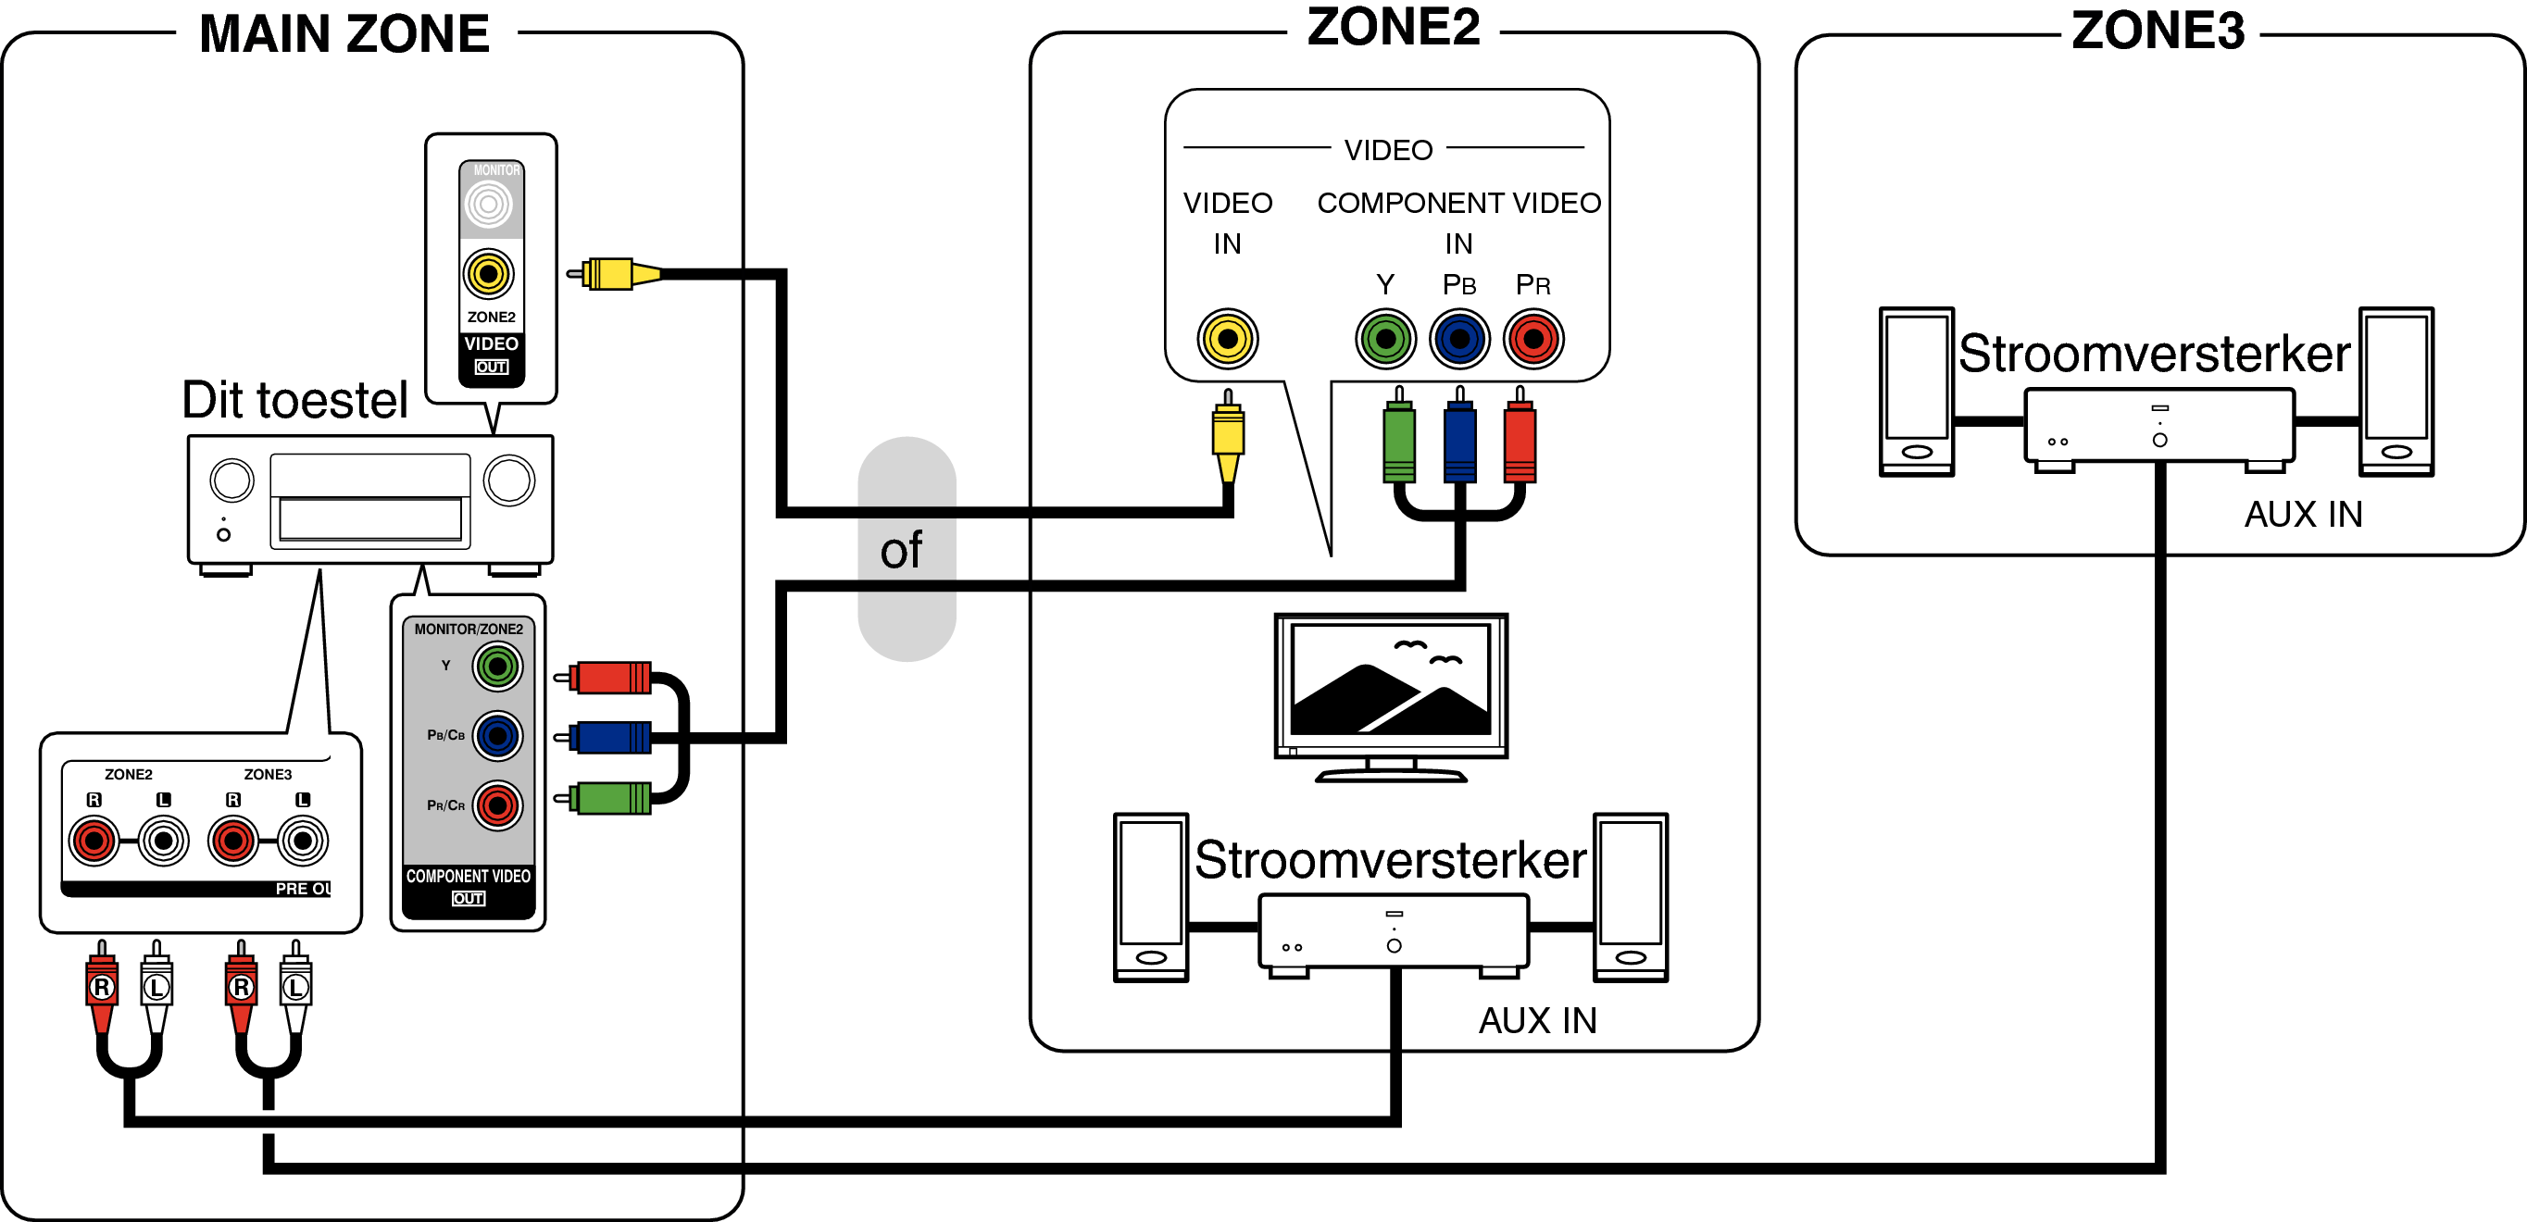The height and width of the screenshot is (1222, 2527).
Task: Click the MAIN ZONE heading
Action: (344, 34)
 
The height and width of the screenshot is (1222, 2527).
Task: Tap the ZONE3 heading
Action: (2158, 31)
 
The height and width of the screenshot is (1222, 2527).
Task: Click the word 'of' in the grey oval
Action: (901, 550)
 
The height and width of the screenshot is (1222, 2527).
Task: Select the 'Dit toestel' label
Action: (294, 400)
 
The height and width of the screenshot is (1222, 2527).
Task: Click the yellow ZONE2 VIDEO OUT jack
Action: (489, 274)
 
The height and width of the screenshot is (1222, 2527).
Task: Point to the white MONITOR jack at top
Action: (489, 204)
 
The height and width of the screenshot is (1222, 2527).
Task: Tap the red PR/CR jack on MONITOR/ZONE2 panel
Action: (498, 806)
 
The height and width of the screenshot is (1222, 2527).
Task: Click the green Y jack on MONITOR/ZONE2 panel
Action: (498, 667)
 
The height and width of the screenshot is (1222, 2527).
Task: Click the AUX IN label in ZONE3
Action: (2303, 514)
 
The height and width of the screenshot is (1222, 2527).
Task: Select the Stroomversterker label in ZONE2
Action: (1390, 860)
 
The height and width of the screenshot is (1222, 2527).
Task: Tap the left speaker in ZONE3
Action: (1916, 392)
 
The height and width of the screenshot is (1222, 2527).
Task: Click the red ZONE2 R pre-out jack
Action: (94, 841)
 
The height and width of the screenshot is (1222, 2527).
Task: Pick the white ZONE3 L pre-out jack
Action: (303, 841)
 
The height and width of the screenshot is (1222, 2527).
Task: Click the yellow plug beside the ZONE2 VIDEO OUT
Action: (614, 274)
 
